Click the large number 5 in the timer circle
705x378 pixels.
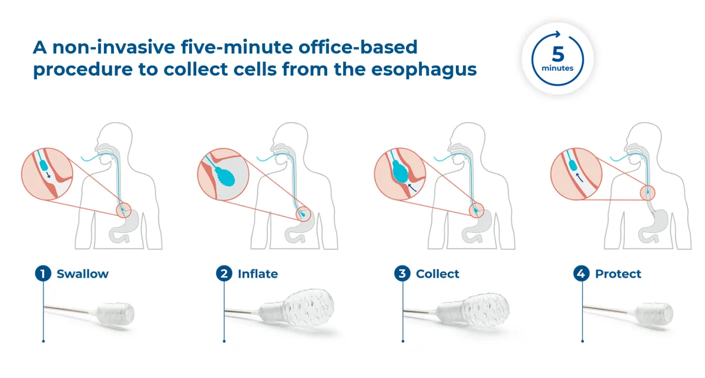(x=558, y=55)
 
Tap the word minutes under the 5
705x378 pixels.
(x=558, y=68)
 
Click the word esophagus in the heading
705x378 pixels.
(x=424, y=70)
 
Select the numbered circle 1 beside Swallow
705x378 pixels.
(x=43, y=274)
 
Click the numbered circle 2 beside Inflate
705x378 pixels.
(x=224, y=274)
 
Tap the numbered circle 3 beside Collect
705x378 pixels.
(x=402, y=274)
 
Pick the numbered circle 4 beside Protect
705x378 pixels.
(x=581, y=274)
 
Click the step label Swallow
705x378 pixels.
(x=82, y=274)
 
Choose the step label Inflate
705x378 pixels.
(x=258, y=274)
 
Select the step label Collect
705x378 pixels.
(x=438, y=274)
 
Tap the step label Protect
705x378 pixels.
(x=618, y=274)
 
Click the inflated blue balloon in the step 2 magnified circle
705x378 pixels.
(x=224, y=177)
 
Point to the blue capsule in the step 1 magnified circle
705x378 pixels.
(x=45, y=166)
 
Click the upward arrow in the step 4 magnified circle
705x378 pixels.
(x=579, y=178)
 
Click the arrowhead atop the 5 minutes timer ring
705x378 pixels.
(x=558, y=34)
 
